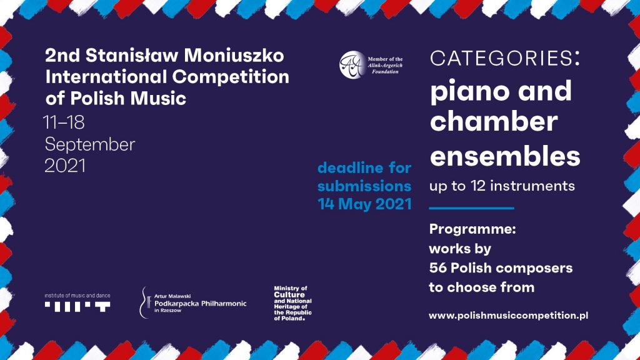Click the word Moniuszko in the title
(x=234, y=56)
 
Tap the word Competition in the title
(x=231, y=77)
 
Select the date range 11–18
(x=64, y=122)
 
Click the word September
(x=90, y=144)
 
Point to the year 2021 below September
(x=65, y=166)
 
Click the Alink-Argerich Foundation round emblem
(x=352, y=64)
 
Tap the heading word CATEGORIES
(x=501, y=58)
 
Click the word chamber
(x=494, y=121)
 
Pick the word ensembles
(x=505, y=156)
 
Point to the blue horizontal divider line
(x=471, y=208)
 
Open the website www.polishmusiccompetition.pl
(x=509, y=316)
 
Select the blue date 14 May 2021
(x=364, y=204)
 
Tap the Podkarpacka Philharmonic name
(x=201, y=304)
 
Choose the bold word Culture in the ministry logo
(x=289, y=295)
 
